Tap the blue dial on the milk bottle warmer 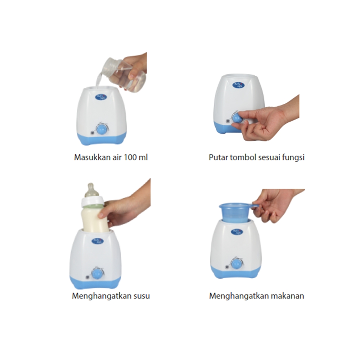(97, 274)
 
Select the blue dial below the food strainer (236, 265)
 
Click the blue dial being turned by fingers (237, 118)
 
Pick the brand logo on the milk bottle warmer (97, 240)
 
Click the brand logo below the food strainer (237, 232)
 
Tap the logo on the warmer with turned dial (238, 85)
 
